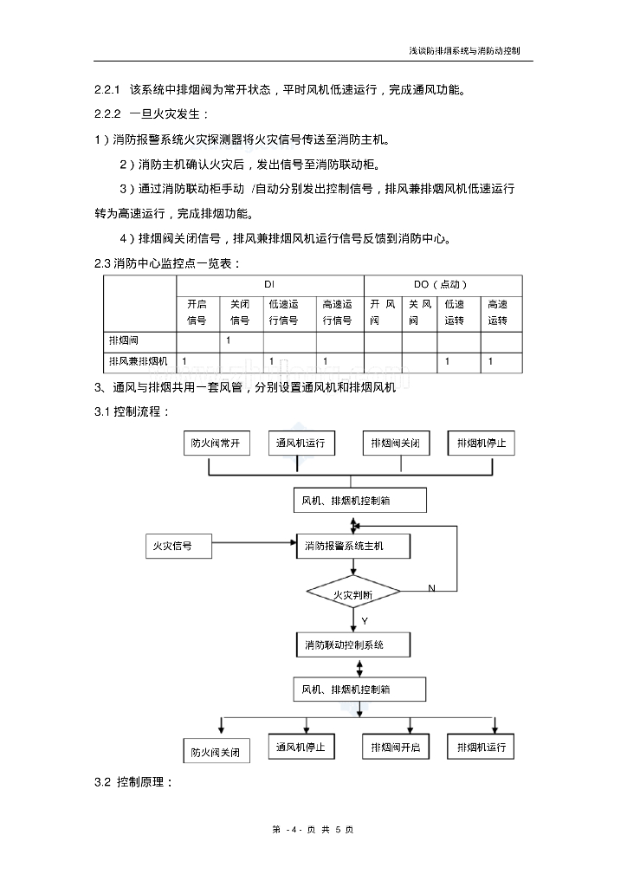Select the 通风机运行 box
[301, 443]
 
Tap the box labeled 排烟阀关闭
[396, 443]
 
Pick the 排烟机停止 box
[482, 443]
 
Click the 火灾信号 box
[178, 546]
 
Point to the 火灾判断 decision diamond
[353, 592]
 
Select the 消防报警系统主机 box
[353, 546]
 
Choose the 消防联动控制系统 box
[353, 644]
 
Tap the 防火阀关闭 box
[217, 751]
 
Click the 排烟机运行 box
[481, 747]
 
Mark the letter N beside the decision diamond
[432, 588]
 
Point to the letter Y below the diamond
[365, 621]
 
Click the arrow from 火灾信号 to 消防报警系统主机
[255, 544]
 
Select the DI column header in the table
[269, 284]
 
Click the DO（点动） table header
[441, 284]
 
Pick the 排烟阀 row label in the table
[124, 340]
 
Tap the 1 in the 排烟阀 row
[229, 340]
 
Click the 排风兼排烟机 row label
[139, 361]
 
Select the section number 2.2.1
[107, 89]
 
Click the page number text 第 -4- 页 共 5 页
[313, 830]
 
